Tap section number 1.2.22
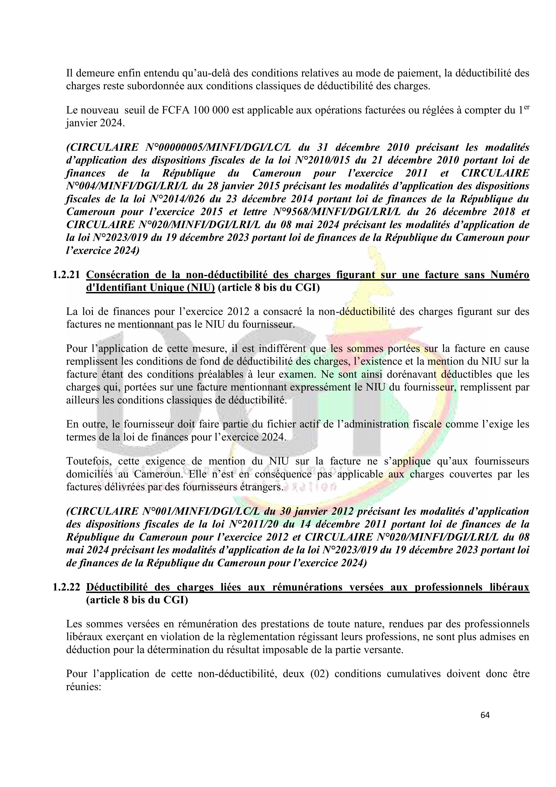(66, 587)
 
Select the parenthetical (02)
(320, 674)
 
